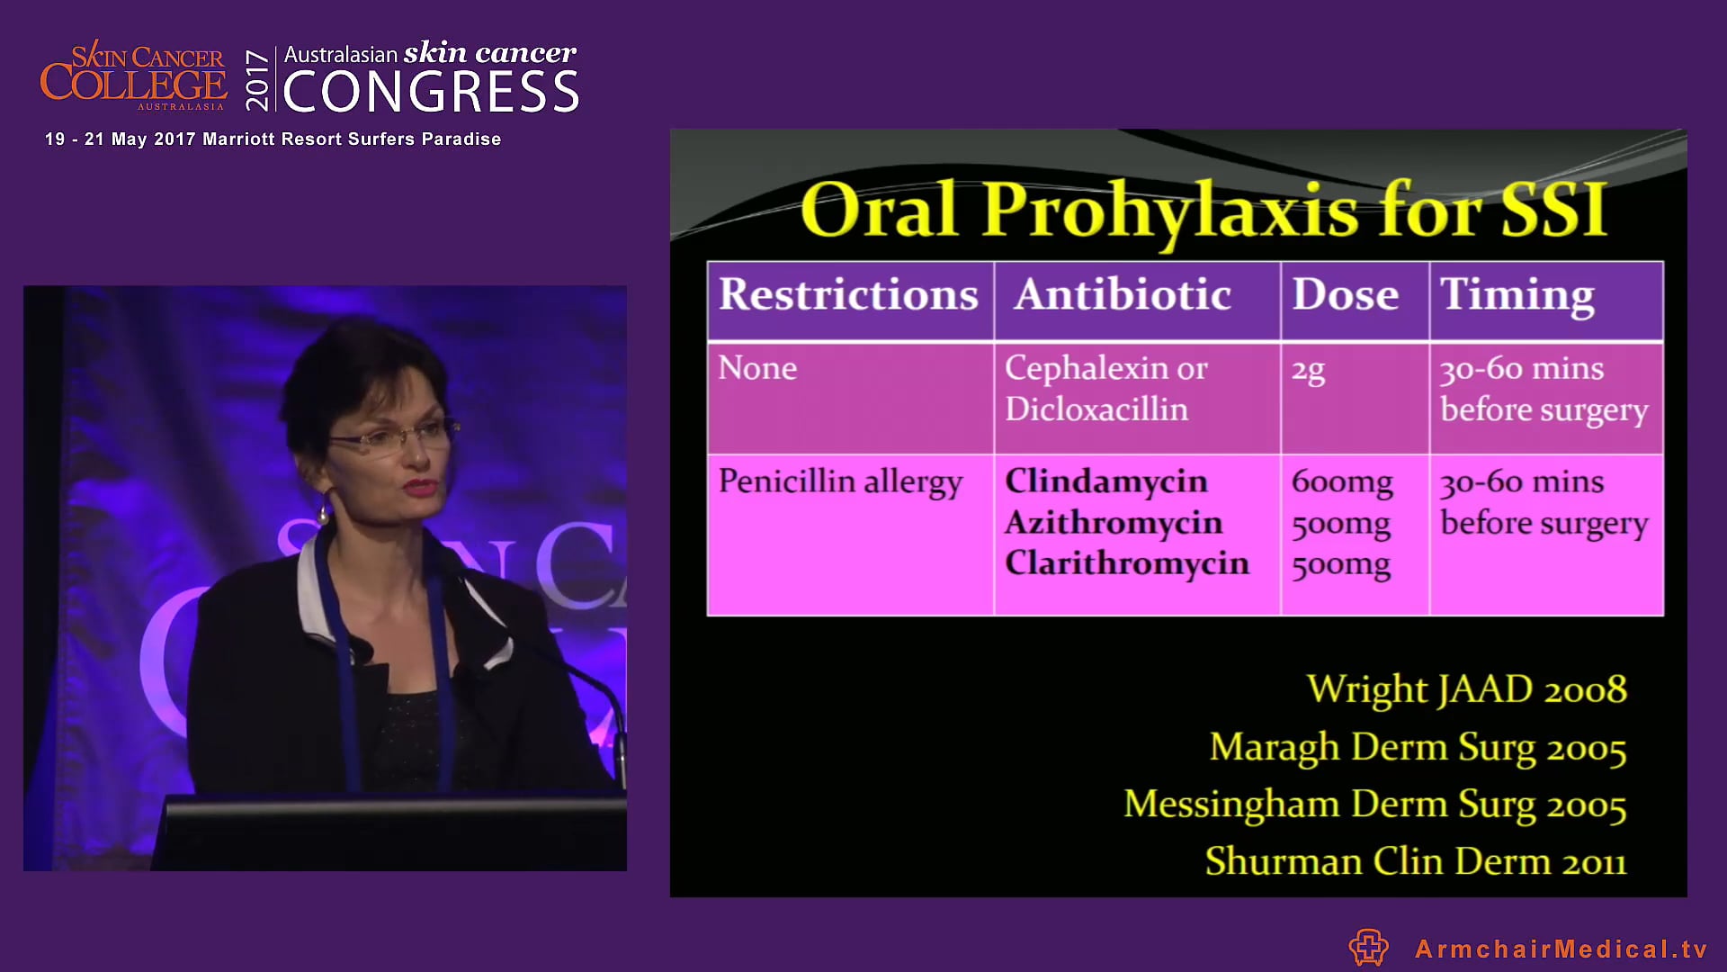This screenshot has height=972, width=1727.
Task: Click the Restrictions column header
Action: click(848, 295)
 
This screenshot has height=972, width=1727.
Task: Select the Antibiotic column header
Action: click(1122, 295)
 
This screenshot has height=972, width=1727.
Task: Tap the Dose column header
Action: click(1345, 295)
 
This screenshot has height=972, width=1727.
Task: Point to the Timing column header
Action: click(1517, 295)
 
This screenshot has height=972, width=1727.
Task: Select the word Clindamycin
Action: click(1105, 481)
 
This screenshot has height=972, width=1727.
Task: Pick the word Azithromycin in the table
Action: click(1113, 523)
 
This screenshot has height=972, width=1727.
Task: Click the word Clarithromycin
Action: click(1126, 563)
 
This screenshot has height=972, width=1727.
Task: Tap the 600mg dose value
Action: click(1341, 482)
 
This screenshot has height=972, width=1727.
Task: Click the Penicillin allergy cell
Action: click(839, 482)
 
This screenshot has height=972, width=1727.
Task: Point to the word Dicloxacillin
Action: click(1096, 409)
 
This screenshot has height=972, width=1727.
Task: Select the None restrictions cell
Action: click(757, 369)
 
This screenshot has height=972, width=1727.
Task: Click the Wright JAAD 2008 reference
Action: click(1466, 690)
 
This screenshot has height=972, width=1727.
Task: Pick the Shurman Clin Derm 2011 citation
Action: click(1415, 862)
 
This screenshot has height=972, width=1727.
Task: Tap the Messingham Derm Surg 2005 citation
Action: click(1374, 805)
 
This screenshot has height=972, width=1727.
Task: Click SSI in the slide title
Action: click(1553, 211)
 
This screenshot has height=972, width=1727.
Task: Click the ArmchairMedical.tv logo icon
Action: click(1368, 948)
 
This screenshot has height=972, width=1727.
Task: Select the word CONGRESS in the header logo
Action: click(431, 93)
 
